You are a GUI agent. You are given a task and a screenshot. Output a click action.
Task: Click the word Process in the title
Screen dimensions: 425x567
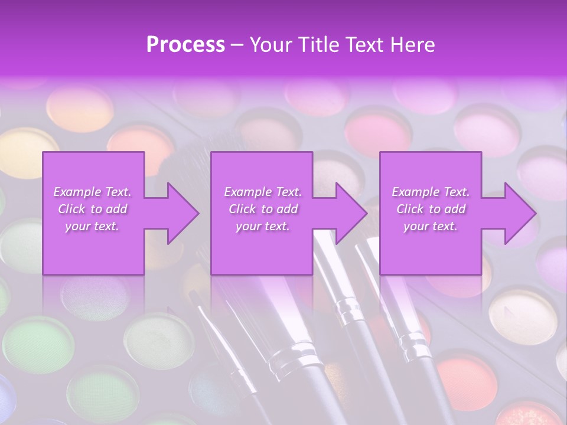coord(185,44)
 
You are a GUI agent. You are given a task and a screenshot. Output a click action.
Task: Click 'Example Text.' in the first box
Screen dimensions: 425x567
coord(92,192)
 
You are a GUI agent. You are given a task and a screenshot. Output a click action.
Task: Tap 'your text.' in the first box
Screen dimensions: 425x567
coord(92,226)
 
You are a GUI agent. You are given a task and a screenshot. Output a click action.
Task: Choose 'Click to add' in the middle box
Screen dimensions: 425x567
coord(263,209)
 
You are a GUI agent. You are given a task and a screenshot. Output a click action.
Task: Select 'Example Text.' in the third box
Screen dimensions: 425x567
coord(431,192)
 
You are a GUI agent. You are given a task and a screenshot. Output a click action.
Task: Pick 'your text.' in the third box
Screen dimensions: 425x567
coord(431,226)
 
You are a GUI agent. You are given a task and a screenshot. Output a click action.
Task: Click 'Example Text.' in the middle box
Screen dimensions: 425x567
coord(263,192)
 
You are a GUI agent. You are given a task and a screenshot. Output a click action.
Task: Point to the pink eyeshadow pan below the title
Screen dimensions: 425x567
coord(378,130)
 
